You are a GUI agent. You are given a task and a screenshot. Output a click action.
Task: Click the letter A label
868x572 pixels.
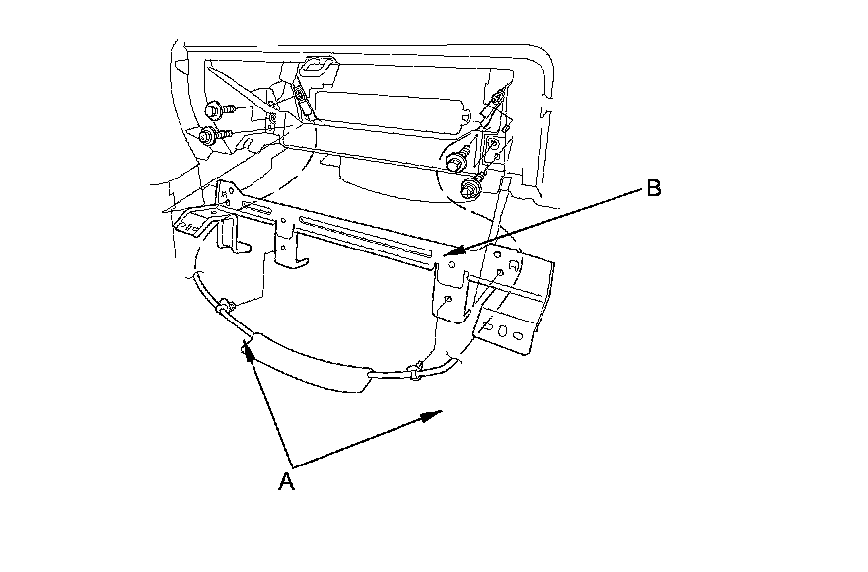pos(286,481)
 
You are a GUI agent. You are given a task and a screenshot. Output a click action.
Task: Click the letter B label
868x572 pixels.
pos(653,189)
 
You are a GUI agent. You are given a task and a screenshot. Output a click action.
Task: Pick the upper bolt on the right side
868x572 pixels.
pos(457,158)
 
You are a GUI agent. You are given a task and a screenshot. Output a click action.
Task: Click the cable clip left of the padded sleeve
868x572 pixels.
pos(226,307)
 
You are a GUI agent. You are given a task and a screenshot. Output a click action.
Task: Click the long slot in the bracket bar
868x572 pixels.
pos(365,241)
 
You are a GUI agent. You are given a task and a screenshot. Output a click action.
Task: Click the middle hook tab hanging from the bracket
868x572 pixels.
pos(291,258)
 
